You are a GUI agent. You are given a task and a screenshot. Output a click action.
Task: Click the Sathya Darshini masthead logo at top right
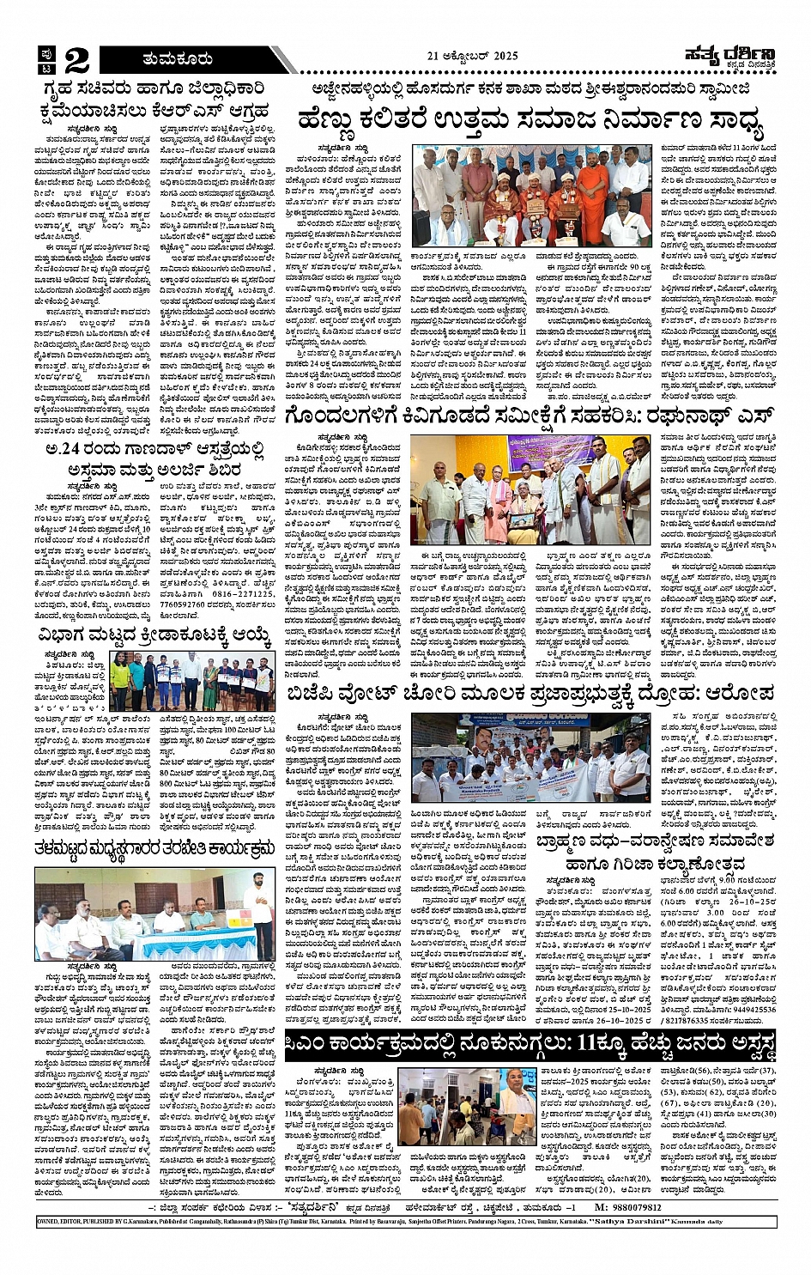pyautogui.click(x=731, y=57)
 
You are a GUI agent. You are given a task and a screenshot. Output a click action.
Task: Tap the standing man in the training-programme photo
pyautogui.click(x=257, y=906)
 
